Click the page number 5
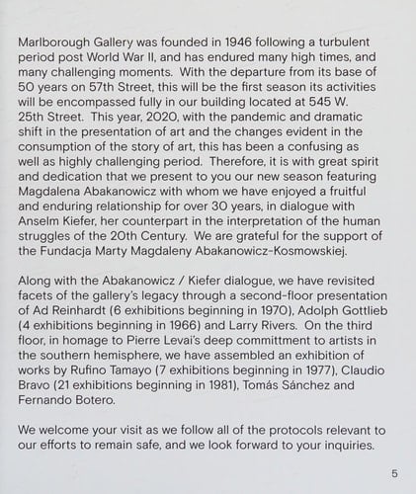[394, 472]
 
